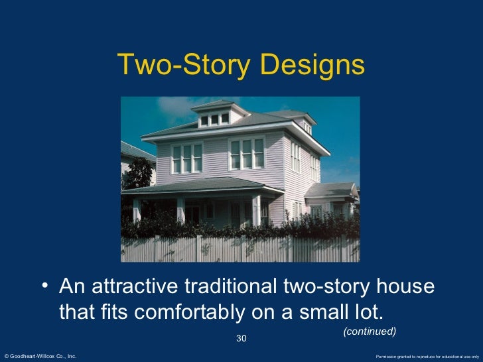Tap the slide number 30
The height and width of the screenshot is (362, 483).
[241, 339]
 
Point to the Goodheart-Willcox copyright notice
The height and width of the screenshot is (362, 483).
[40, 357]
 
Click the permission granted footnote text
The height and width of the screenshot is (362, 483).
[427, 357]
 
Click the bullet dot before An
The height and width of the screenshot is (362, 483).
[44, 288]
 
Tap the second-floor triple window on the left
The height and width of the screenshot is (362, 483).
[186, 158]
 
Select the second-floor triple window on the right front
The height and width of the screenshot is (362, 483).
[246, 153]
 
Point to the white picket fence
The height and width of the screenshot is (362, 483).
[239, 249]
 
